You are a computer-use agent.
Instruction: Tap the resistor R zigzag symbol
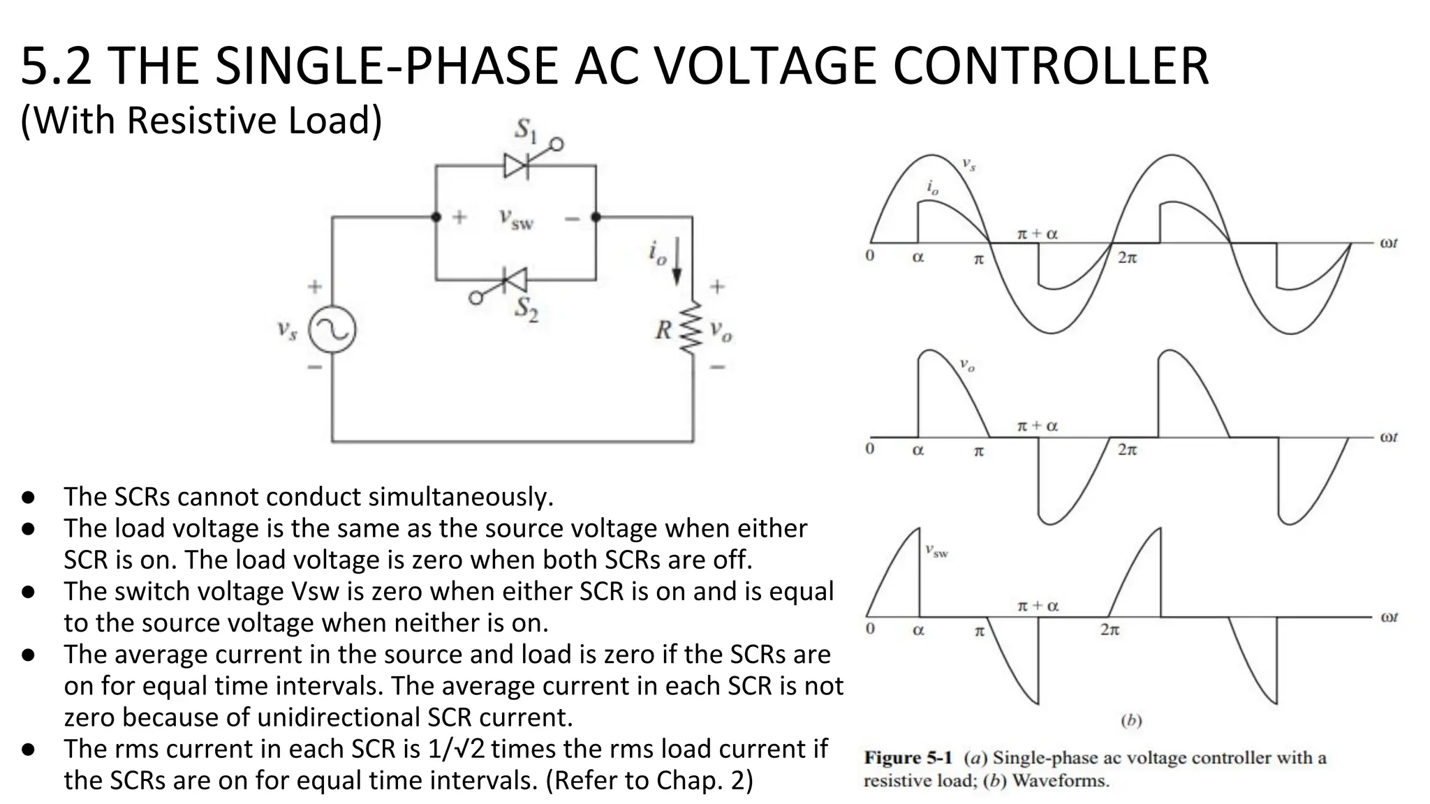[691, 328]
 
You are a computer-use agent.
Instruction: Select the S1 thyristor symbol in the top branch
[517, 165]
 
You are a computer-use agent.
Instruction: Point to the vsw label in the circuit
[516, 218]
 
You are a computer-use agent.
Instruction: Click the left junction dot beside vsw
[436, 217]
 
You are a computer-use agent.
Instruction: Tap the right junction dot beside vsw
[596, 217]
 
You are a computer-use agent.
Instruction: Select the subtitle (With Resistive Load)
[201, 120]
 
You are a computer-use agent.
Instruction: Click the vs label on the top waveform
[968, 165]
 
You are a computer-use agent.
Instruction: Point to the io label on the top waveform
[933, 187]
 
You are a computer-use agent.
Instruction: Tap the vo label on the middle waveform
[966, 364]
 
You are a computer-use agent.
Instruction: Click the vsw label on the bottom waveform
[936, 551]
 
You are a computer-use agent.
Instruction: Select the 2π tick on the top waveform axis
[1127, 258]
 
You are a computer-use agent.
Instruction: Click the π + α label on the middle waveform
[1037, 426]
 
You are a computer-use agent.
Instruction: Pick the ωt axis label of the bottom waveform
[1389, 617]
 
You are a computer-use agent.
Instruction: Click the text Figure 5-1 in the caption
[908, 757]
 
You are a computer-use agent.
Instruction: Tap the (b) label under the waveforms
[1130, 720]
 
